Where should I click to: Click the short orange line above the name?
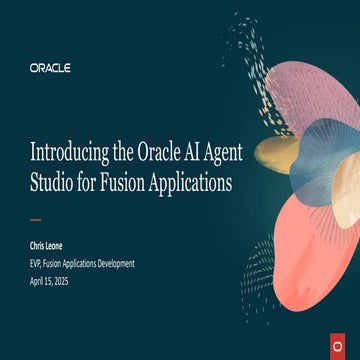[x=36, y=220]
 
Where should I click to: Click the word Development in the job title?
[x=113, y=263]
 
